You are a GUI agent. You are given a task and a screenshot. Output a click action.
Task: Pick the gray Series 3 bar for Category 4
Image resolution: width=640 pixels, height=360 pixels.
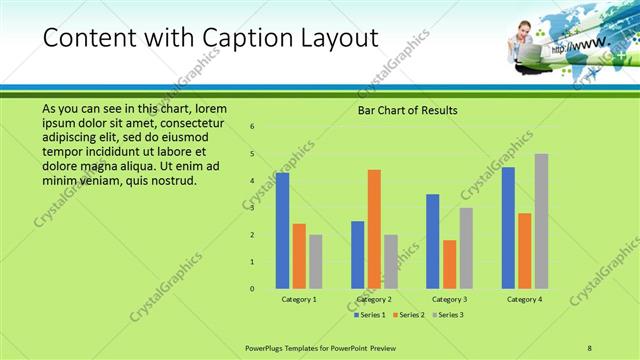coord(541,221)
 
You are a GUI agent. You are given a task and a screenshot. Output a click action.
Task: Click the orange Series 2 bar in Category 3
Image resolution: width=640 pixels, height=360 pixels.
coord(450,264)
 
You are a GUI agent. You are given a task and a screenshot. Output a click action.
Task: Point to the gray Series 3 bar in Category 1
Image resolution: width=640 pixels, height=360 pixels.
coord(316,261)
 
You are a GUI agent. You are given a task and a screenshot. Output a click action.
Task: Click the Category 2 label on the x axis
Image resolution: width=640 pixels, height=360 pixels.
coord(373,299)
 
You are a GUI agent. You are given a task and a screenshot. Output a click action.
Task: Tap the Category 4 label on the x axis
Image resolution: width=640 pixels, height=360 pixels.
coord(524,299)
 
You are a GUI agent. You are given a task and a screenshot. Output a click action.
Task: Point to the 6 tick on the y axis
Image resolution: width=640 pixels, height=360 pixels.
coord(253,126)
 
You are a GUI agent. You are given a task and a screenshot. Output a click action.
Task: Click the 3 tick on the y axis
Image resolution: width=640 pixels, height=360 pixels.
coord(253,207)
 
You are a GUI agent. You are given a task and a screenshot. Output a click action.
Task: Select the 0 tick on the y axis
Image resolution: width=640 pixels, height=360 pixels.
coord(253,288)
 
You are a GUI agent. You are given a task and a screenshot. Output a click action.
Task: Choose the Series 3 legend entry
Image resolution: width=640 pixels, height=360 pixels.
coord(447,315)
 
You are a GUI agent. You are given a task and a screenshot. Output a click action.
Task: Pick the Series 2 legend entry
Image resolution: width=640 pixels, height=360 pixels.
coord(410,315)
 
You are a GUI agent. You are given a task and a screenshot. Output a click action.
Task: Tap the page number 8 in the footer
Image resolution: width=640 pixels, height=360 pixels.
coord(590,347)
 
